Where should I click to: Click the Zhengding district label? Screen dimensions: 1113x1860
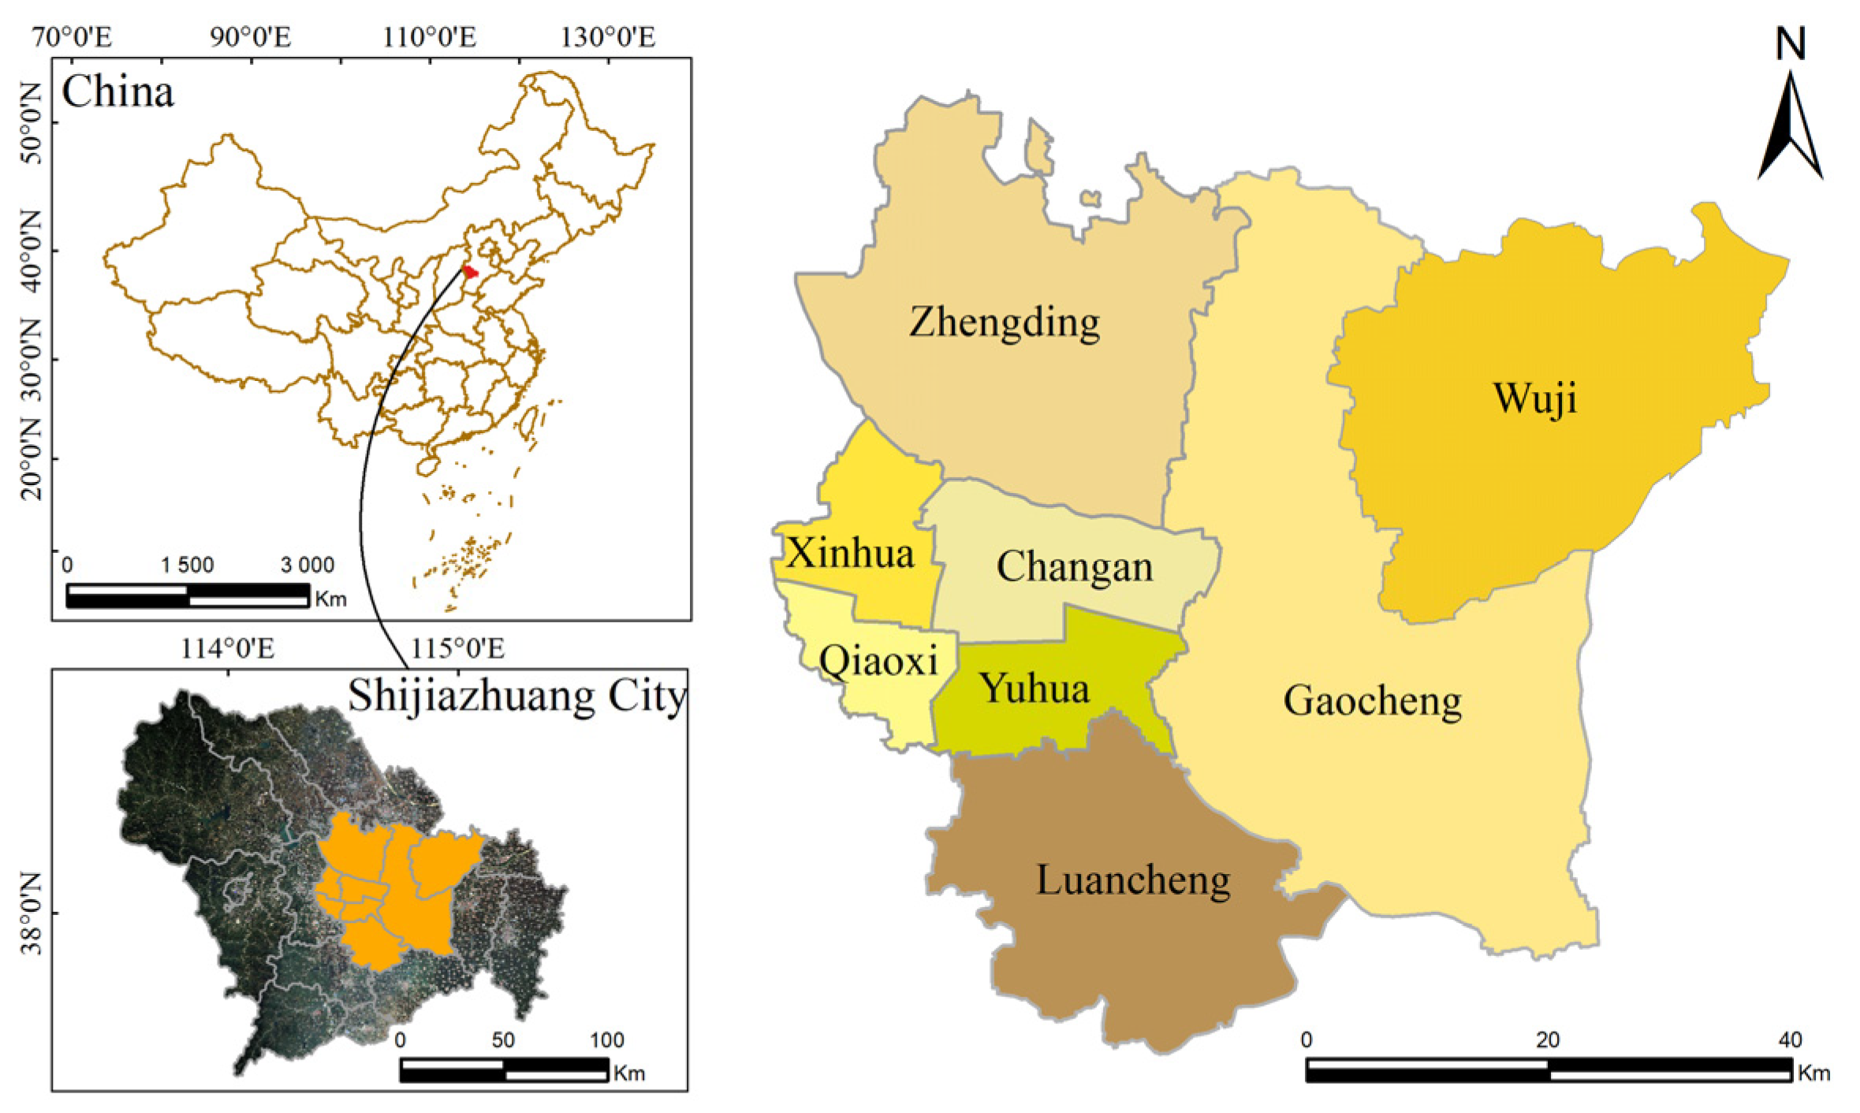tap(1004, 323)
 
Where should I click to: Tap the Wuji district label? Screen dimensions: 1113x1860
tap(1534, 398)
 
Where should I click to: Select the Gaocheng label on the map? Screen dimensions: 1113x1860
tap(1372, 700)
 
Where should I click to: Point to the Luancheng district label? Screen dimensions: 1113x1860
tap(1132, 880)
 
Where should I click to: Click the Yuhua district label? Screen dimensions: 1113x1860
tap(1034, 689)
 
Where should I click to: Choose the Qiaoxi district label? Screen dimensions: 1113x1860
tap(878, 661)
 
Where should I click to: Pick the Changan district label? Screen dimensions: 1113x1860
tap(1074, 567)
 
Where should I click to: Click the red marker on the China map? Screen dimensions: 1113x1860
tap(470, 272)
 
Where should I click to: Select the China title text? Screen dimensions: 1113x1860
tap(117, 92)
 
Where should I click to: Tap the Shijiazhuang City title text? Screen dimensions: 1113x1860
tap(517, 697)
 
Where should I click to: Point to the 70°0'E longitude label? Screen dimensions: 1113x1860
tap(72, 37)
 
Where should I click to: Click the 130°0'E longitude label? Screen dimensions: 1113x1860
tap(607, 37)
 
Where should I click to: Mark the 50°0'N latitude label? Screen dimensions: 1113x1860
tap(30, 122)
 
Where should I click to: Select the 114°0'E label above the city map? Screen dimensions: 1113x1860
tap(228, 648)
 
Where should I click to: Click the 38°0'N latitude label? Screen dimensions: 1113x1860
tap(30, 913)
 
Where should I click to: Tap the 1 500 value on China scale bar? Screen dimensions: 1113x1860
tap(187, 565)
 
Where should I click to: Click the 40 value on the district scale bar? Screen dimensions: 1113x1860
tap(1790, 1040)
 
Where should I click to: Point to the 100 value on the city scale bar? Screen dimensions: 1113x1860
tap(606, 1040)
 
